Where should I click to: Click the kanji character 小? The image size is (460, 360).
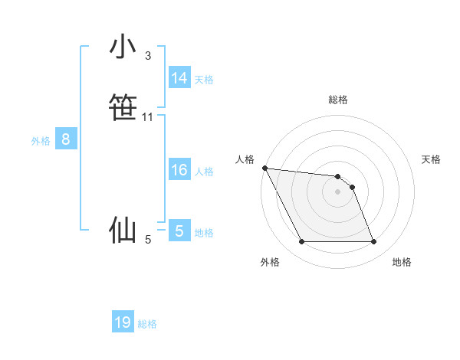[123, 47]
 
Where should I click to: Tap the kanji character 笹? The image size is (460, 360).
[123, 106]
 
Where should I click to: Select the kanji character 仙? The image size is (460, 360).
[123, 230]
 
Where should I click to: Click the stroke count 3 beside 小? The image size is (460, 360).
[147, 56]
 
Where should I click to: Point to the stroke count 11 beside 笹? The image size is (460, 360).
[148, 117]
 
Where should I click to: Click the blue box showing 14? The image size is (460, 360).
[179, 78]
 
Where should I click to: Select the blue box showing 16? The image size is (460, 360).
[179, 170]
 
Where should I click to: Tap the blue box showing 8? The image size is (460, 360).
[66, 139]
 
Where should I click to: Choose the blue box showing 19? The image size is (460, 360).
[123, 322]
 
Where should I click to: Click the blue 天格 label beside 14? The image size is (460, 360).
[204, 80]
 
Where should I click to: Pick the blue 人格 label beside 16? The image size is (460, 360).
[204, 172]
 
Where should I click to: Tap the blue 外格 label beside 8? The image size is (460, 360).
[41, 141]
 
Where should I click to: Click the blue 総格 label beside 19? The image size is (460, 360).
[147, 324]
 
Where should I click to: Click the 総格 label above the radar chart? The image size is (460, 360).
[338, 100]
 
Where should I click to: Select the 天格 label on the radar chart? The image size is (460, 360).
[432, 159]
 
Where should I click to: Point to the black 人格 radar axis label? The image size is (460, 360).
[245, 159]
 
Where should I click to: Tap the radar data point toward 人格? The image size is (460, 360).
[264, 168]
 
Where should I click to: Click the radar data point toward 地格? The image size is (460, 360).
[374, 242]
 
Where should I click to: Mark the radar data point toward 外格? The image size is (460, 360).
[301, 242]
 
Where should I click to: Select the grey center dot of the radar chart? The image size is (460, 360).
[338, 191]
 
